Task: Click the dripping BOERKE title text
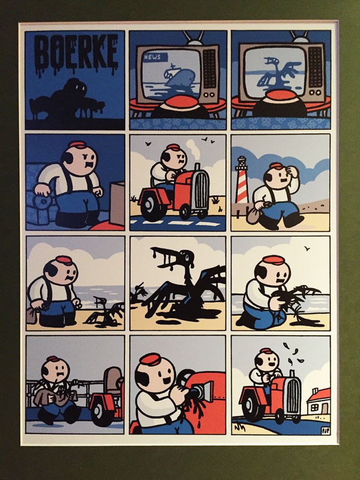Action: tap(76, 54)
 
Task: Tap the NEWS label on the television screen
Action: tap(155, 57)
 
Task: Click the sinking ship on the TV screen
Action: tap(179, 77)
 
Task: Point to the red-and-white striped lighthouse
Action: tap(242, 180)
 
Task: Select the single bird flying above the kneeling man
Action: tap(307, 249)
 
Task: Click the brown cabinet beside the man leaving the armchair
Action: tap(117, 204)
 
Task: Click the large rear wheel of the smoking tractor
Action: tap(151, 208)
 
